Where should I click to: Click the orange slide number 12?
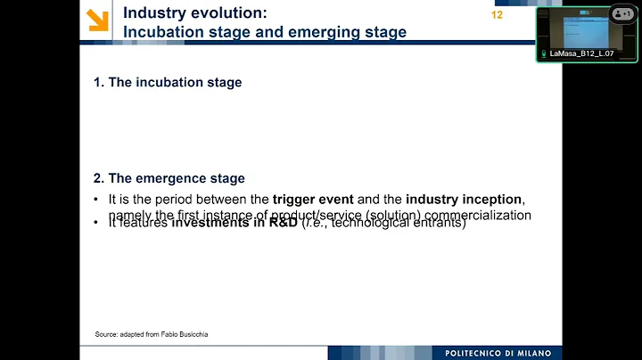click(x=497, y=15)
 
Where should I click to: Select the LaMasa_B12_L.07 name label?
click(x=581, y=53)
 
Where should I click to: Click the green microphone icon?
click(x=543, y=53)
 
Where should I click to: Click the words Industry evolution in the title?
click(x=193, y=13)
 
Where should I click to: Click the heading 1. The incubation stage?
click(x=168, y=82)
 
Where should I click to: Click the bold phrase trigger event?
click(x=313, y=199)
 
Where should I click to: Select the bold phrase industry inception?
click(x=464, y=199)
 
